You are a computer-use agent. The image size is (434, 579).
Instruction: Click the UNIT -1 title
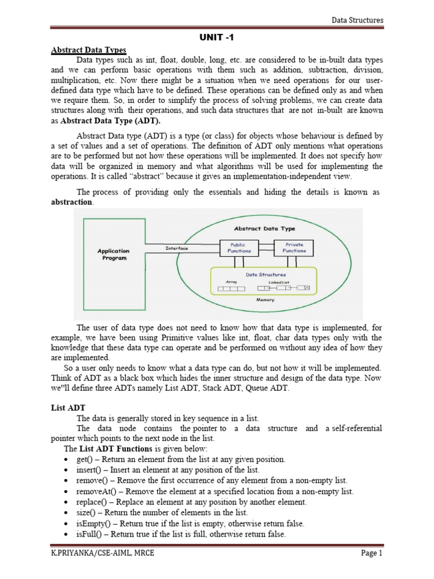coord(216,38)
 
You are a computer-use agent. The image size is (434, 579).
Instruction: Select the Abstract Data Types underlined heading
coord(89,50)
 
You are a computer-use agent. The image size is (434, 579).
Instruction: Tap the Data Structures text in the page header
coord(357,20)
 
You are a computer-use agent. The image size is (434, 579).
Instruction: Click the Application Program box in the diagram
coord(113,254)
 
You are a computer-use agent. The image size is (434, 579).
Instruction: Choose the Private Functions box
coord(294,248)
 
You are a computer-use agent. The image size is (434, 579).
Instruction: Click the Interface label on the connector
coord(177,248)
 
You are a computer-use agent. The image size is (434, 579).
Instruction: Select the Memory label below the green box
coord(265,300)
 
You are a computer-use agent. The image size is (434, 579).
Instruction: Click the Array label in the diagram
coord(231,281)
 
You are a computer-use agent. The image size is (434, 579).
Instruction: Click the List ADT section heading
coord(64,408)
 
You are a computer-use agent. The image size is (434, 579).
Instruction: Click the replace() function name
coord(90,502)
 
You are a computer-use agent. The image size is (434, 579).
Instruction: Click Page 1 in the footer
coord(372,553)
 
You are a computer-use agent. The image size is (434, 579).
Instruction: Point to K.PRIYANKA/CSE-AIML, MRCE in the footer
coord(102,553)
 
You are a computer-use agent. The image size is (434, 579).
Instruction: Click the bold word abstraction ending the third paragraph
coord(71,202)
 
